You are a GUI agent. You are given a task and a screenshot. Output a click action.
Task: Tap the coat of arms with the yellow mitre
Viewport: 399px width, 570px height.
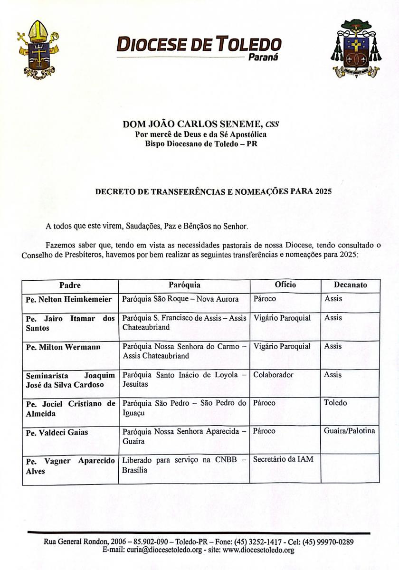click(x=37, y=49)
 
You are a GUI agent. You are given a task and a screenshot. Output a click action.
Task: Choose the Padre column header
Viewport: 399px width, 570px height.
click(x=70, y=285)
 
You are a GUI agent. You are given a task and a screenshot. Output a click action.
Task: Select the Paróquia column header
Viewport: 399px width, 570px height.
click(x=184, y=285)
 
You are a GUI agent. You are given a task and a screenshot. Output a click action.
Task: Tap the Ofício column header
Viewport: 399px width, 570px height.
click(x=285, y=285)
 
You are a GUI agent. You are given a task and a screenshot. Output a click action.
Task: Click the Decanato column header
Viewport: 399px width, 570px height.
click(x=350, y=285)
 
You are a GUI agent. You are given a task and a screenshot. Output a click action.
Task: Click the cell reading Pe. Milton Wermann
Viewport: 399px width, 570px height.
click(x=63, y=347)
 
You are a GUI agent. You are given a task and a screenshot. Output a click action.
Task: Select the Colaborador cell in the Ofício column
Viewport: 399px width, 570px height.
click(x=273, y=375)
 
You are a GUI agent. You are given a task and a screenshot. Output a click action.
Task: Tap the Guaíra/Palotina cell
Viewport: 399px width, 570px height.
click(x=350, y=431)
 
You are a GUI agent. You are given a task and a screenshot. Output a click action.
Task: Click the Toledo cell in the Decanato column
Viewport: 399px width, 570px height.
click(x=335, y=403)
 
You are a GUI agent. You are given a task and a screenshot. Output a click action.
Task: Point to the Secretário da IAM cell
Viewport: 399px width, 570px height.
click(x=283, y=459)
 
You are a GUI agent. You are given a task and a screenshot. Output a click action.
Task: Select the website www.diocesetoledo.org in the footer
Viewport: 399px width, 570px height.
click(x=258, y=551)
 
